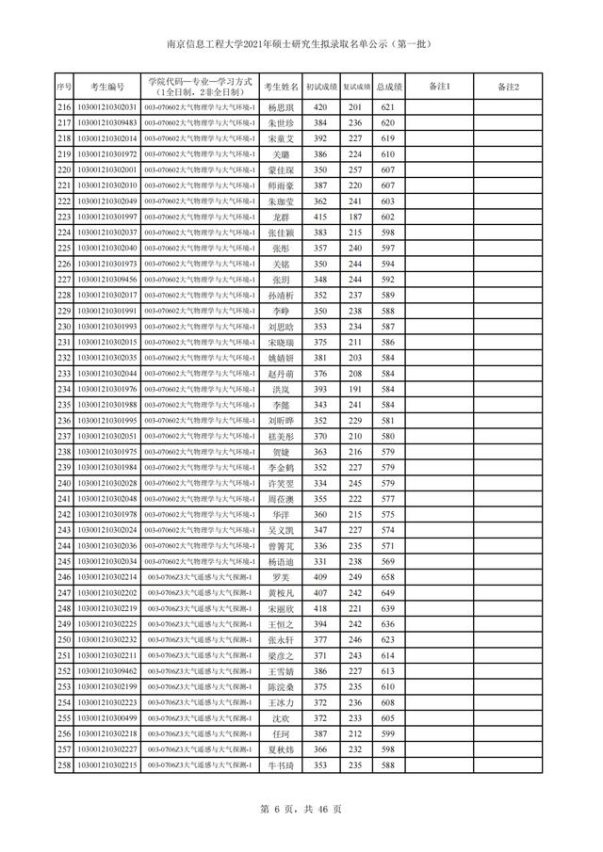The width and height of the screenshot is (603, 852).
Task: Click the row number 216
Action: [64, 108]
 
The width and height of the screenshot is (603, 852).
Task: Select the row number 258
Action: [64, 765]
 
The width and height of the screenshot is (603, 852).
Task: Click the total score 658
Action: [387, 577]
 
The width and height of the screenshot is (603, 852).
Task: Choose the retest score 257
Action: [355, 170]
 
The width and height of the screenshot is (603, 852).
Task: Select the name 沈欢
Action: [282, 718]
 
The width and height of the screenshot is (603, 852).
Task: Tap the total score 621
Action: [387, 108]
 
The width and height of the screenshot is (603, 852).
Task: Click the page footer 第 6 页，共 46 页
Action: [301, 809]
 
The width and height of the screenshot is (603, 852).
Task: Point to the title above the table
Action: [301, 43]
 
